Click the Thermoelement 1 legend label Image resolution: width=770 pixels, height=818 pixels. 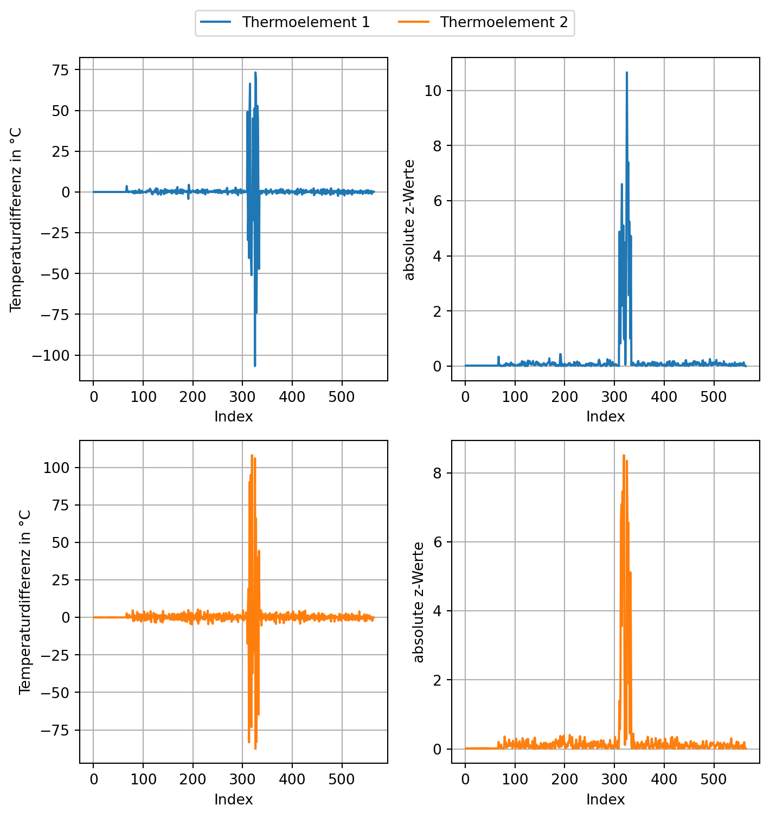305,22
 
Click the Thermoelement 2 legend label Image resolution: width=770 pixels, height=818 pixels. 503,22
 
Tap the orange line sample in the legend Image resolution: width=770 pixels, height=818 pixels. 414,22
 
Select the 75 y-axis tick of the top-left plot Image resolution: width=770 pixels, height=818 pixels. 60,70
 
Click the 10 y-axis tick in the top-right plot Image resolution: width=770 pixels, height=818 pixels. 432,91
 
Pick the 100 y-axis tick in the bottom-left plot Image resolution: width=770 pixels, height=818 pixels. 56,468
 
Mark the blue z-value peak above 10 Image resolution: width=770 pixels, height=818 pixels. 626,72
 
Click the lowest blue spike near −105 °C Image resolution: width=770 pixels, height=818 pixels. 255,365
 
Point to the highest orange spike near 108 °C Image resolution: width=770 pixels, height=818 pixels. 252,456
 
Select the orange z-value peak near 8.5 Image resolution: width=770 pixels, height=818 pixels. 624,456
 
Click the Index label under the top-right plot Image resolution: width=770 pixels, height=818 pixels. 605,417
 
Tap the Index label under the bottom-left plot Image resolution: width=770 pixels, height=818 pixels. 233,800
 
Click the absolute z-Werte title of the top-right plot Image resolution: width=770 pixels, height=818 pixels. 410,220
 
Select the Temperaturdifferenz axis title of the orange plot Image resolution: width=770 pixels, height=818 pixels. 24,602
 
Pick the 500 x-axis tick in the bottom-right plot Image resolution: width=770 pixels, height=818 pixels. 714,779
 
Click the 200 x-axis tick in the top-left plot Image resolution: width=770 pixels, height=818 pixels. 193,397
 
